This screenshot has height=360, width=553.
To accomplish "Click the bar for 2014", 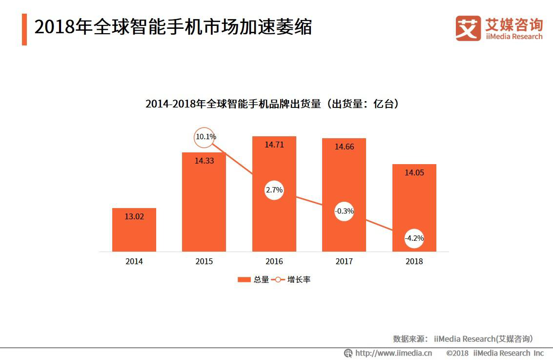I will pyautogui.click(x=134, y=230).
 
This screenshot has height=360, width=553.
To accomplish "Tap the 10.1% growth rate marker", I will pyautogui.click(x=205, y=137).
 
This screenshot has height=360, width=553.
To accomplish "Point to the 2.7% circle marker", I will pyautogui.click(x=274, y=190).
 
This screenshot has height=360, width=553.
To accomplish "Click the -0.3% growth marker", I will pyautogui.click(x=344, y=211).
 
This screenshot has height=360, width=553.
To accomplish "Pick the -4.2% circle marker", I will pyautogui.click(x=414, y=239).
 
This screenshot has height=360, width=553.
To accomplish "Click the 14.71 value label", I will pyautogui.click(x=274, y=145).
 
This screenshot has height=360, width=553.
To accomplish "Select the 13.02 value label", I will pyautogui.click(x=134, y=216).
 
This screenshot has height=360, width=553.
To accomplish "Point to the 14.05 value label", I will pyautogui.click(x=414, y=172).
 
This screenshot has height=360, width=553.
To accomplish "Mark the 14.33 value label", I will pyautogui.click(x=204, y=160).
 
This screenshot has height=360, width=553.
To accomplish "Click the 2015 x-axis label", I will pyautogui.click(x=204, y=261).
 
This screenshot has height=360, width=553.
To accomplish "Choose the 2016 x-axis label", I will pyautogui.click(x=274, y=261).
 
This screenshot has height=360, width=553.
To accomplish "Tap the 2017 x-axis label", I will pyautogui.click(x=344, y=261).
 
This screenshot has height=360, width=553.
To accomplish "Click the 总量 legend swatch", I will pyautogui.click(x=244, y=280).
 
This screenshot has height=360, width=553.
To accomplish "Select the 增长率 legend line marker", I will pyautogui.click(x=278, y=280).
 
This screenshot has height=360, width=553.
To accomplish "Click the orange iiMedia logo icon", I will pyautogui.click(x=468, y=28).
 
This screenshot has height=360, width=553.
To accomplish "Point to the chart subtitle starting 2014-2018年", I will pyautogui.click(x=272, y=104).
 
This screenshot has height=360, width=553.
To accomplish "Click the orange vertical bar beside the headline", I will pyautogui.click(x=24, y=29).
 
